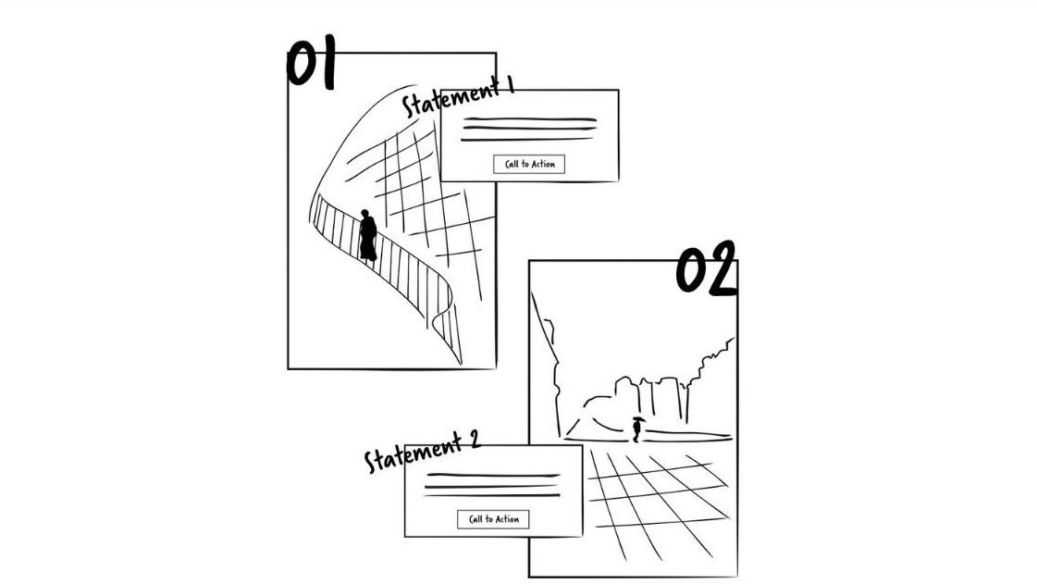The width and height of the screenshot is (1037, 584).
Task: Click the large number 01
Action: pyautogui.click(x=310, y=65)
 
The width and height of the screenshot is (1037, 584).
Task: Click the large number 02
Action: pyautogui.click(x=705, y=269)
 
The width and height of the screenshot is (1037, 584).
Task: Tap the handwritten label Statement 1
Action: pyautogui.click(x=457, y=98)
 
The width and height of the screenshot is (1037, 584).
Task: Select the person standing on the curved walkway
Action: pyautogui.click(x=367, y=238)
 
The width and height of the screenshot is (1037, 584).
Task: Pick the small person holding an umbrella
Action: pyautogui.click(x=636, y=429)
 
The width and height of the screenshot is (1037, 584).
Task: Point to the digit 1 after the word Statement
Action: pyautogui.click(x=507, y=87)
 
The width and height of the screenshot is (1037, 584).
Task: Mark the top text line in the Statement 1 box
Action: pyautogui.click(x=528, y=120)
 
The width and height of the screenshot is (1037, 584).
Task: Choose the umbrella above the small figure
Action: pyautogui.click(x=637, y=420)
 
